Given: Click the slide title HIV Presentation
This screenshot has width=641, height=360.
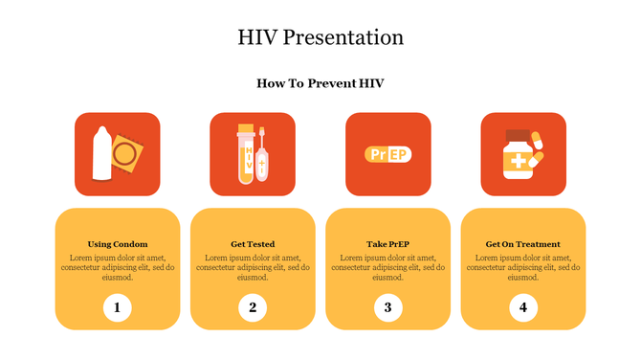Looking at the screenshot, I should point(320,37).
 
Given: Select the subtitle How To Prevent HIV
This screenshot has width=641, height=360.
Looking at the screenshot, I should point(320,83).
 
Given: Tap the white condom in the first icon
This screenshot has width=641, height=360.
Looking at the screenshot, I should point(99,154).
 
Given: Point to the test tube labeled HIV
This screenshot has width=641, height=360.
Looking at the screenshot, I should point(246,154).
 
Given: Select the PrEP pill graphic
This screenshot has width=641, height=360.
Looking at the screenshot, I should point(387,154).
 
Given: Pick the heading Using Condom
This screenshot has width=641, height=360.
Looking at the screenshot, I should point(118,244).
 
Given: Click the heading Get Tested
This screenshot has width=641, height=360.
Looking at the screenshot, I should point(253,244).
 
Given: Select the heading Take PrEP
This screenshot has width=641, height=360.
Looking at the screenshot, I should point(387,244).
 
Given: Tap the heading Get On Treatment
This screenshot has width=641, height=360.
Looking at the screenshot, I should point(523,244).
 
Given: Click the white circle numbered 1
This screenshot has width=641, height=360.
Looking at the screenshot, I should point(118,307).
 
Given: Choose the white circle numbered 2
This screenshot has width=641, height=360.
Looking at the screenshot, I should point(253,307).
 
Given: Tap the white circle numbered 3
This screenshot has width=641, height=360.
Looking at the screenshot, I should point(387,307).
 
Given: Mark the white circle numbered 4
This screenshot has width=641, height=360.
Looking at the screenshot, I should point(523,307).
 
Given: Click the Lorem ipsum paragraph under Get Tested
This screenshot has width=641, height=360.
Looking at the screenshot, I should point(253,267).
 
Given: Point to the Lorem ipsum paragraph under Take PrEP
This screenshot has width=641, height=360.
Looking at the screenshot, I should point(387,267).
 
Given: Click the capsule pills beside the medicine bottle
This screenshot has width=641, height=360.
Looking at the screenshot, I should point(540,149).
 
